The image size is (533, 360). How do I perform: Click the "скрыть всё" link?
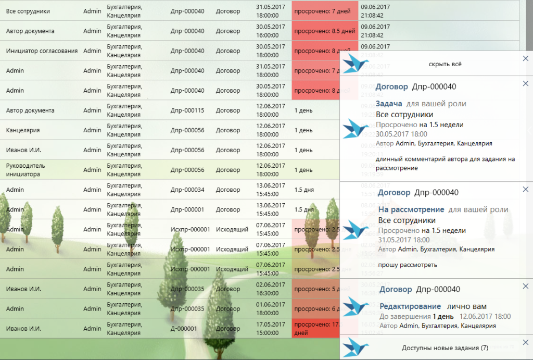445,64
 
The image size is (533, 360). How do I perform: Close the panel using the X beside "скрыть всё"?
525,59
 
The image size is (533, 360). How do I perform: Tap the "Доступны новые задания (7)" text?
445,348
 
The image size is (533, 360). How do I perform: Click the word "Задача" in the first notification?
389,104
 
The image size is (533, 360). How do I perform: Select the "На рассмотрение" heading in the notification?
411,209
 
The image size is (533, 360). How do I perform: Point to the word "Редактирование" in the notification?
410,306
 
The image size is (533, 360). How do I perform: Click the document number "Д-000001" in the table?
184,329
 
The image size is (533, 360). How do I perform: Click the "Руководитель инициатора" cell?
26,170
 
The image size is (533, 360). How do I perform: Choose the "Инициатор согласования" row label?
42,51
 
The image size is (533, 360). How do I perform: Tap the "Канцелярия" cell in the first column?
23,130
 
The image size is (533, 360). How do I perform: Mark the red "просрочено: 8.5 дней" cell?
325,31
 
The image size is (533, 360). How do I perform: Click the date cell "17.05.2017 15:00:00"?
271,329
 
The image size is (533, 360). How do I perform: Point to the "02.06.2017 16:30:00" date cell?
271,289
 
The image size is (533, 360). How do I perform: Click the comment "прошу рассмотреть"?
408,265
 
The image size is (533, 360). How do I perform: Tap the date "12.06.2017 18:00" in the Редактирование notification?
485,316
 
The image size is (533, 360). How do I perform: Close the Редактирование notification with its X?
525,286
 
